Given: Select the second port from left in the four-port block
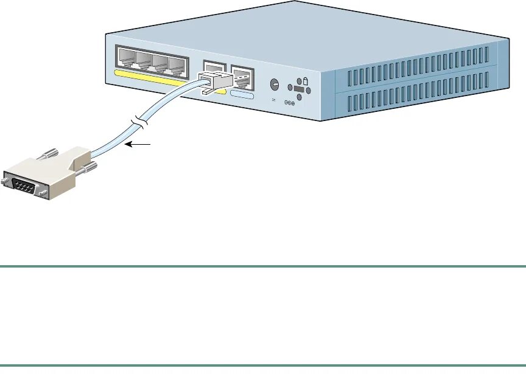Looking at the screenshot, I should click(144, 60).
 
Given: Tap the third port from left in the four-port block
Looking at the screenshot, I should click(161, 63).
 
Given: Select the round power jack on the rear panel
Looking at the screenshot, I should click(274, 85).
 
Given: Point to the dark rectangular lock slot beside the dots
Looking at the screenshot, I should click(299, 89).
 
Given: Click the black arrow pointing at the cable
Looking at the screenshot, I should click(139, 145).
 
